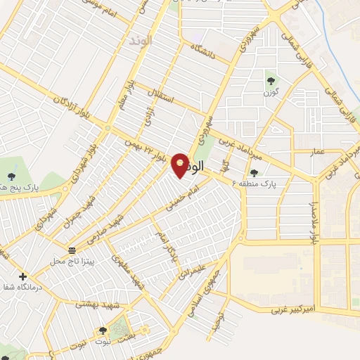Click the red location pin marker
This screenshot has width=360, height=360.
[x=181, y=165]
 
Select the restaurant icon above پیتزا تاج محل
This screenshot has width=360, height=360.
[x=71, y=250]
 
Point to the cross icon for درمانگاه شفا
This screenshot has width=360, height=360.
[x=23, y=276]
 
